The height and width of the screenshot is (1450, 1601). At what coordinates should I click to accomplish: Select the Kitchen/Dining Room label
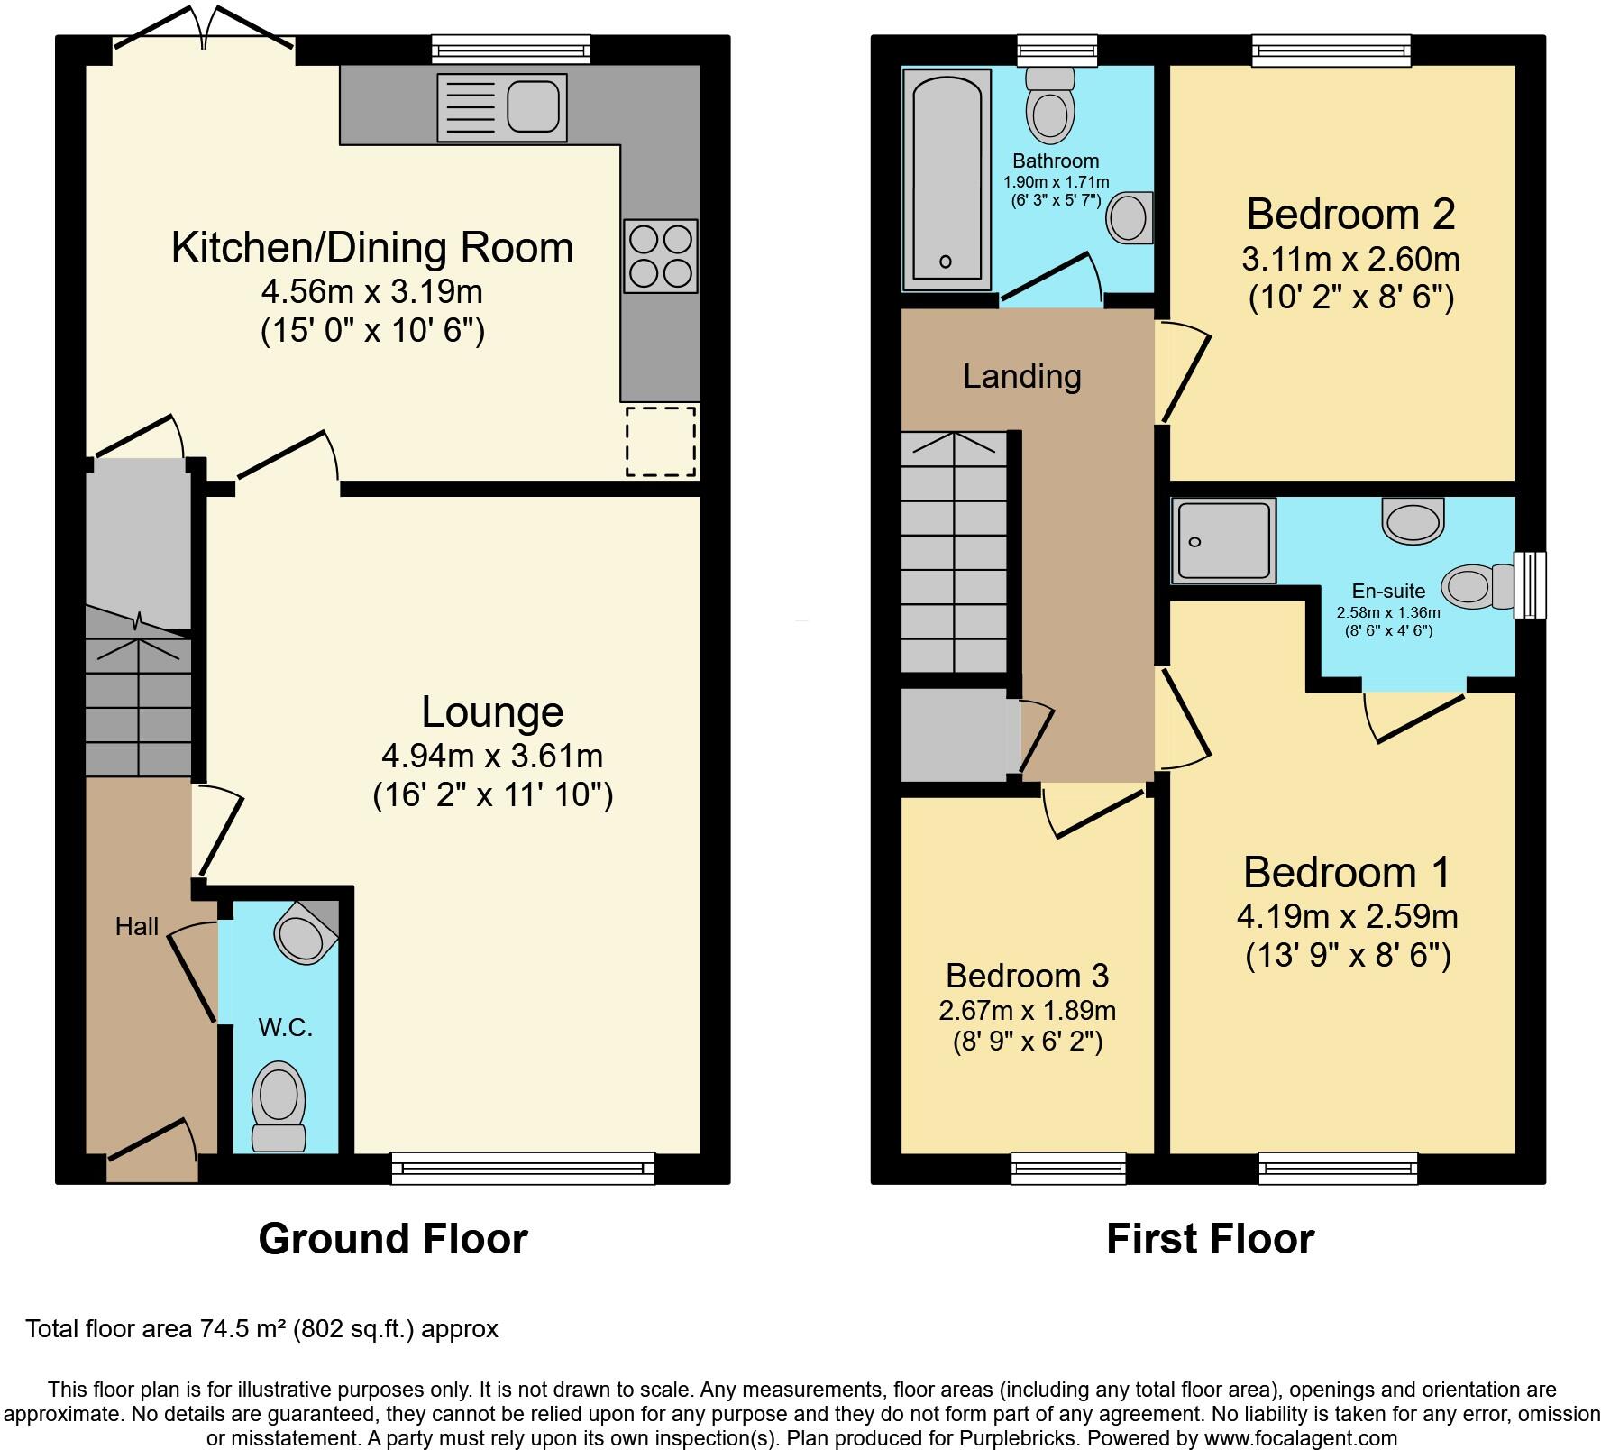click(x=371, y=248)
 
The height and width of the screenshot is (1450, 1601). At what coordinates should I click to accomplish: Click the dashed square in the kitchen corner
click(x=662, y=441)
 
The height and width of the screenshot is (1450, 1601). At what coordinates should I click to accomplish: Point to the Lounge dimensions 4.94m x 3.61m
click(x=492, y=755)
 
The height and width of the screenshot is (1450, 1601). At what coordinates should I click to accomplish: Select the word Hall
click(x=137, y=926)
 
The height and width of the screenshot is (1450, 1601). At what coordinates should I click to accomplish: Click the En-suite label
click(x=1388, y=591)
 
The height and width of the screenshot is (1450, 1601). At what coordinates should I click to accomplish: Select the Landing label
click(x=1021, y=376)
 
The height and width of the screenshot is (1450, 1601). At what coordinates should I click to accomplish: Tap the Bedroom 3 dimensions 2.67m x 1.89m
click(x=1027, y=1011)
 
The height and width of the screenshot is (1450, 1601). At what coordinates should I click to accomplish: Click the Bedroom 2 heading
click(x=1350, y=215)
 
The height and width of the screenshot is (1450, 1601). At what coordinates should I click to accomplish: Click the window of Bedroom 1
click(x=1337, y=1169)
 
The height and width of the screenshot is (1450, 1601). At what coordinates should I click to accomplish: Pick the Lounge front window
click(x=523, y=1169)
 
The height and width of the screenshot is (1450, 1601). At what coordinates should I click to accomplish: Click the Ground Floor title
click(x=392, y=1239)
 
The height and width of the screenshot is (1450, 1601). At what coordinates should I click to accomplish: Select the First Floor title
click(x=1210, y=1239)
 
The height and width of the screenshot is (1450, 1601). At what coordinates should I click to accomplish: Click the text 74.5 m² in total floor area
click(x=242, y=1328)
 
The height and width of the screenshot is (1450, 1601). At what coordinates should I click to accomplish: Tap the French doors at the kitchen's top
click(x=205, y=36)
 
